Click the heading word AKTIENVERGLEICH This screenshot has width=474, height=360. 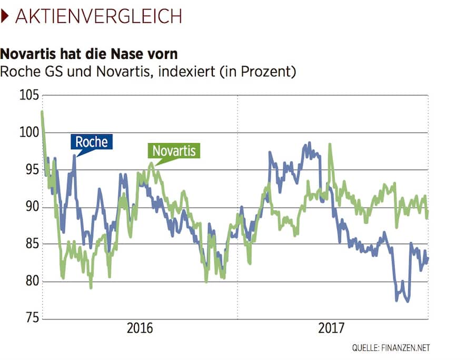click(x=98, y=16)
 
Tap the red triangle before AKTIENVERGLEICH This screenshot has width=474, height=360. click(x=5, y=16)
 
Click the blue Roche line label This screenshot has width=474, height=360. click(x=92, y=142)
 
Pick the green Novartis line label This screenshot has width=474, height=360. click(x=174, y=151)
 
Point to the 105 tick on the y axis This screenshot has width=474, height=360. click(x=28, y=96)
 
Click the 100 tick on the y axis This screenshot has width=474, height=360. click(x=28, y=133)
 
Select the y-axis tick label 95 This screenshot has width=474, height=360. click(x=31, y=170)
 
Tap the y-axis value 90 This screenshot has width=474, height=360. click(x=31, y=207)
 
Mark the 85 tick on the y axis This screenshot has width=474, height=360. click(x=31, y=244)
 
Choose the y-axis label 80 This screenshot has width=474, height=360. click(x=31, y=281)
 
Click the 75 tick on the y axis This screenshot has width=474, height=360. click(x=31, y=318)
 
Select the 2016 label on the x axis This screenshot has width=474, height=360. click(x=140, y=329)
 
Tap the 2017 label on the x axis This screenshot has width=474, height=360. click(x=331, y=329)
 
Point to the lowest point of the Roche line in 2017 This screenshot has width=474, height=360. click(x=409, y=301)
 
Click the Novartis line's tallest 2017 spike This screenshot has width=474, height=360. click(x=330, y=144)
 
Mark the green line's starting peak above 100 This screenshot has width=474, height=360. click(x=42, y=112)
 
